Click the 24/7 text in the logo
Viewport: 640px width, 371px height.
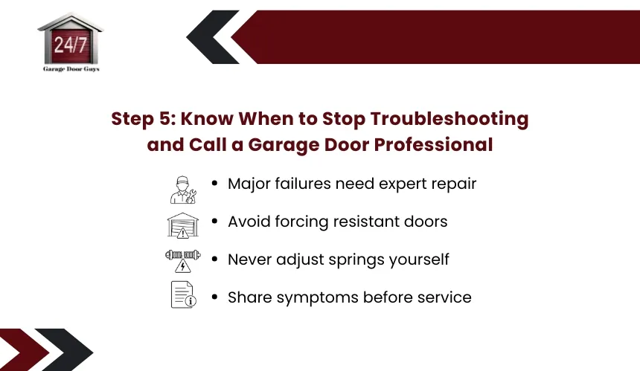pos(71,45)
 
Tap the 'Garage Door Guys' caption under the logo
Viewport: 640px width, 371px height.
pos(71,69)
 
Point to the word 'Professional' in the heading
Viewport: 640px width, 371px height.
pos(433,145)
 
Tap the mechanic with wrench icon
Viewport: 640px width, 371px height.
pos(183,190)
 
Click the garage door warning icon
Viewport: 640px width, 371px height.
pos(183,225)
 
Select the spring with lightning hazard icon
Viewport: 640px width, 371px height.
pos(183,260)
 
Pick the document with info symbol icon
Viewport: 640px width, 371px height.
pos(183,294)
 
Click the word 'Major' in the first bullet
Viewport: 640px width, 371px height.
pos(249,184)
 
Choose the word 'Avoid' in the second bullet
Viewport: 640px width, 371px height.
pos(249,222)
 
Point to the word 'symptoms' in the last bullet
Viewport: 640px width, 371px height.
pos(318,298)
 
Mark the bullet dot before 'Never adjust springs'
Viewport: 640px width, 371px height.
pos(214,259)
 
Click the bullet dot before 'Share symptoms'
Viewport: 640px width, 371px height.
pos(214,297)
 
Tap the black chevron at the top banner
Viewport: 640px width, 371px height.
pos(213,37)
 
